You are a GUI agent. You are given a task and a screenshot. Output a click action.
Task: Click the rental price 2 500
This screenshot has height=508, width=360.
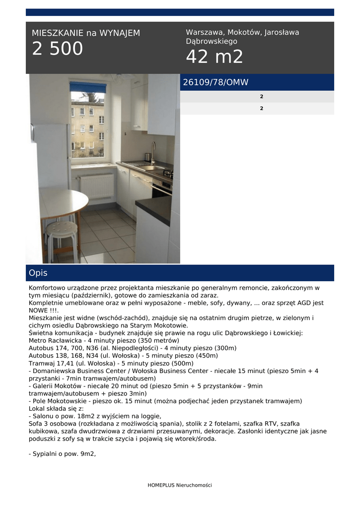click(58, 49)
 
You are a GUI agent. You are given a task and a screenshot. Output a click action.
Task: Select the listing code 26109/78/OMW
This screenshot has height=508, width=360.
click(216, 82)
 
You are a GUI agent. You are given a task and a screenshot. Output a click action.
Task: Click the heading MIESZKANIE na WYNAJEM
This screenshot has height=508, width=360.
click(86, 33)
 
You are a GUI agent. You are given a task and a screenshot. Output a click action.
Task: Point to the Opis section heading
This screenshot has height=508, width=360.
click(38, 273)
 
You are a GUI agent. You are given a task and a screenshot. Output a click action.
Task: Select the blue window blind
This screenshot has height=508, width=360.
click(88, 88)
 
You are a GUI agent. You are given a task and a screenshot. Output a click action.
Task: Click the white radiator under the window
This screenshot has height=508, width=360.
click(96, 186)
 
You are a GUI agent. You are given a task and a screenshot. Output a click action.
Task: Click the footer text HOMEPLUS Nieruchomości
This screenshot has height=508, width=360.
click(180, 485)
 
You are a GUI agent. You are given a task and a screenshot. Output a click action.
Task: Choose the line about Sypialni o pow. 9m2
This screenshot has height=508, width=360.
click(62, 453)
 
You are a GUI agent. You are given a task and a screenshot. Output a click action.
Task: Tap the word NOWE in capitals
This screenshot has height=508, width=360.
click(39, 311)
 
